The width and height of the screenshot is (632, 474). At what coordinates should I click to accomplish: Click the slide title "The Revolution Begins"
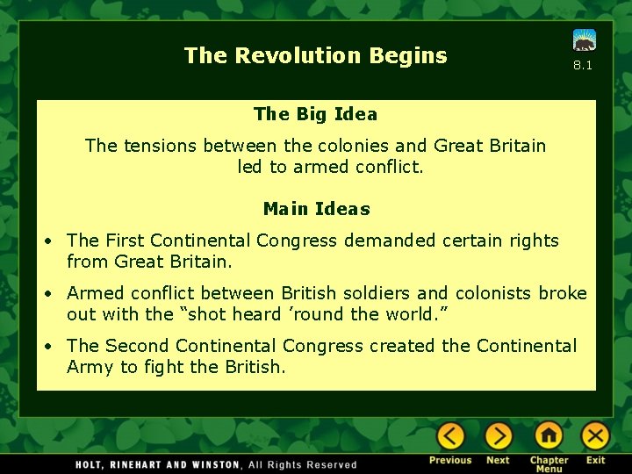[x=315, y=56]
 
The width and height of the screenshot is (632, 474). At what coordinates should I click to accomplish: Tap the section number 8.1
[x=583, y=65]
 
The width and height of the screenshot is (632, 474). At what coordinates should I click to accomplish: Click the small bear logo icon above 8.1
[x=585, y=40]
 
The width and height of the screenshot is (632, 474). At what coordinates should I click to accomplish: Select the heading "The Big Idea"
[x=315, y=114]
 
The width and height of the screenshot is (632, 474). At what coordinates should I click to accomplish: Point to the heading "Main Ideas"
[x=316, y=209]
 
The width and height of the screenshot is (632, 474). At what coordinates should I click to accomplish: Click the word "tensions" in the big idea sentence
[x=160, y=146]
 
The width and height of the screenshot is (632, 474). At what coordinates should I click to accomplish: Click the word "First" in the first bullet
[x=125, y=241]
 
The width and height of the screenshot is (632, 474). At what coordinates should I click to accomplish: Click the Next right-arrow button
[x=498, y=436]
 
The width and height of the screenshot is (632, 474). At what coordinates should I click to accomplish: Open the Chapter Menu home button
[x=549, y=436]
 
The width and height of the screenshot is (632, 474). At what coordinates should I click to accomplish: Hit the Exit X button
[x=595, y=436]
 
